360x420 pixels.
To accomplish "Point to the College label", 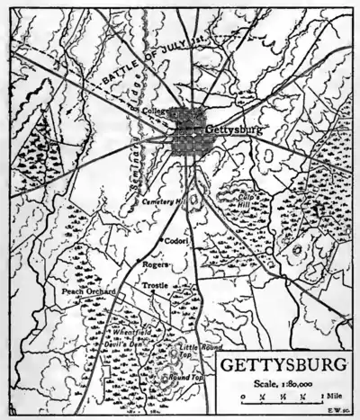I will pyautogui.click(x=157, y=111).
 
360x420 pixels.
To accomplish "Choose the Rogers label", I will pyautogui.click(x=156, y=264).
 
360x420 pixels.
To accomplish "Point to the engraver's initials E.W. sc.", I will pyautogui.click(x=341, y=409).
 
